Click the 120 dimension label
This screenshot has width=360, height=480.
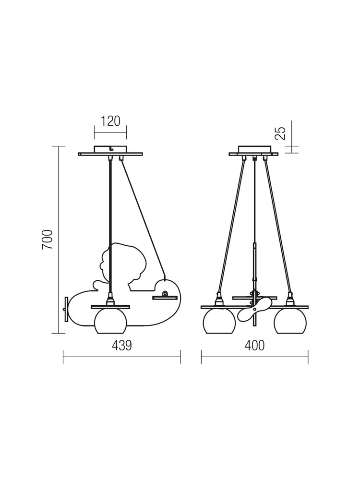pos(110,121)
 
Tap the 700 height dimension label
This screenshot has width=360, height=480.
pos(48,239)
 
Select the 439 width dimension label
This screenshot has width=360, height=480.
pos(122,346)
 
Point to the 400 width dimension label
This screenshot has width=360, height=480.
pos(254,346)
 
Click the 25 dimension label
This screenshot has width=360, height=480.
pos(280,133)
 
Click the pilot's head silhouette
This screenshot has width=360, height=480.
pos(122,263)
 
